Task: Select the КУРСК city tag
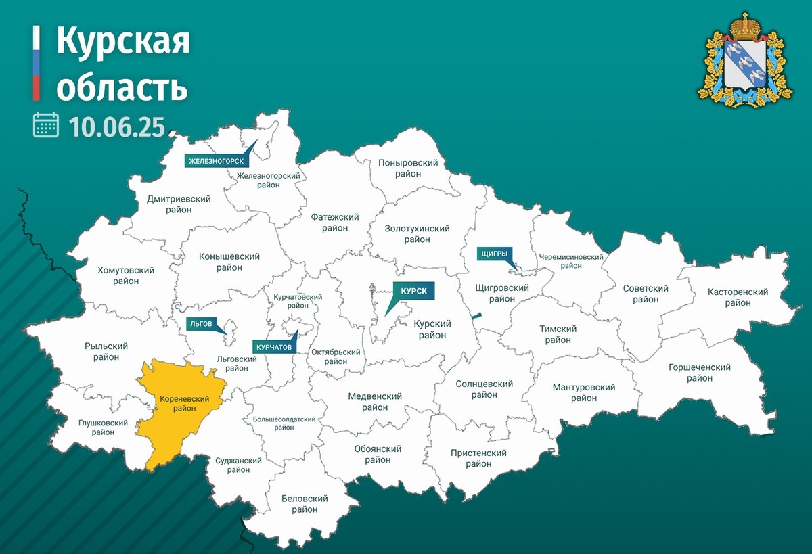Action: pyautogui.click(x=413, y=290)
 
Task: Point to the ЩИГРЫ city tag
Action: pyautogui.click(x=493, y=253)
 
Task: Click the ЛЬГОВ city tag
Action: pyautogui.click(x=202, y=324)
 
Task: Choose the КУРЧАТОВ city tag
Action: pyautogui.click(x=274, y=347)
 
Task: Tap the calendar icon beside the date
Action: pyautogui.click(x=46, y=125)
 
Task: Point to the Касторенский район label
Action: pyautogui.click(x=738, y=298)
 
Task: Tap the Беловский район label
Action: pyautogui.click(x=304, y=505)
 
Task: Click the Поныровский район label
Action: pyautogui.click(x=409, y=168)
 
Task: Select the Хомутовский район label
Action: pyautogui.click(x=126, y=275)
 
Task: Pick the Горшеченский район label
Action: pyautogui.click(x=699, y=373)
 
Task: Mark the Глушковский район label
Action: pyautogui.click(x=103, y=428)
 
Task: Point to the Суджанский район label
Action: pyautogui.click(x=238, y=466)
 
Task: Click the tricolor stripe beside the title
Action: pyautogui.click(x=36, y=64)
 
